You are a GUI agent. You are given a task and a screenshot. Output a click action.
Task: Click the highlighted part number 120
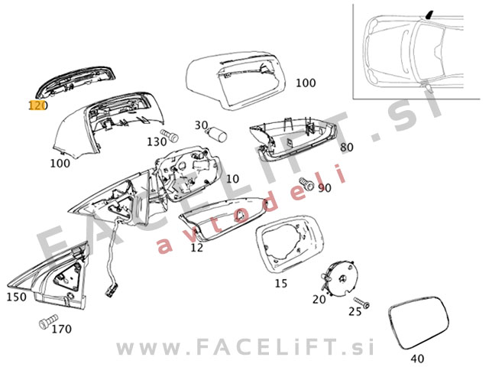37,105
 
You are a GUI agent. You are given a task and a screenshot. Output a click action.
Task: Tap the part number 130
157,141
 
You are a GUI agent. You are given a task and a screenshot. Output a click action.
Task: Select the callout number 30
201,125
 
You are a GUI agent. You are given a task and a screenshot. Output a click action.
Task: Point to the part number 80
347,147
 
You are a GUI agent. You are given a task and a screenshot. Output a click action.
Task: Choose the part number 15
280,284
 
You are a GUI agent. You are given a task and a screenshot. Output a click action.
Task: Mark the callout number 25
355,311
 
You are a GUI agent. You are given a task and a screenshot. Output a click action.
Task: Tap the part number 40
416,357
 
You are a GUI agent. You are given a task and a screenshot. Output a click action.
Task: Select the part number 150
17,296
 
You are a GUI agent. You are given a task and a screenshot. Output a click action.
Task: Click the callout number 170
61,330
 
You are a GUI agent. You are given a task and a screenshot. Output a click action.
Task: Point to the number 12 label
197,247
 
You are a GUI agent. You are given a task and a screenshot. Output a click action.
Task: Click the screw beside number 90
308,184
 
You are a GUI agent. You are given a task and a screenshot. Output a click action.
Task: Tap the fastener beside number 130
173,138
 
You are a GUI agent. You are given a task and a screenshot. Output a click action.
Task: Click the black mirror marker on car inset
431,14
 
